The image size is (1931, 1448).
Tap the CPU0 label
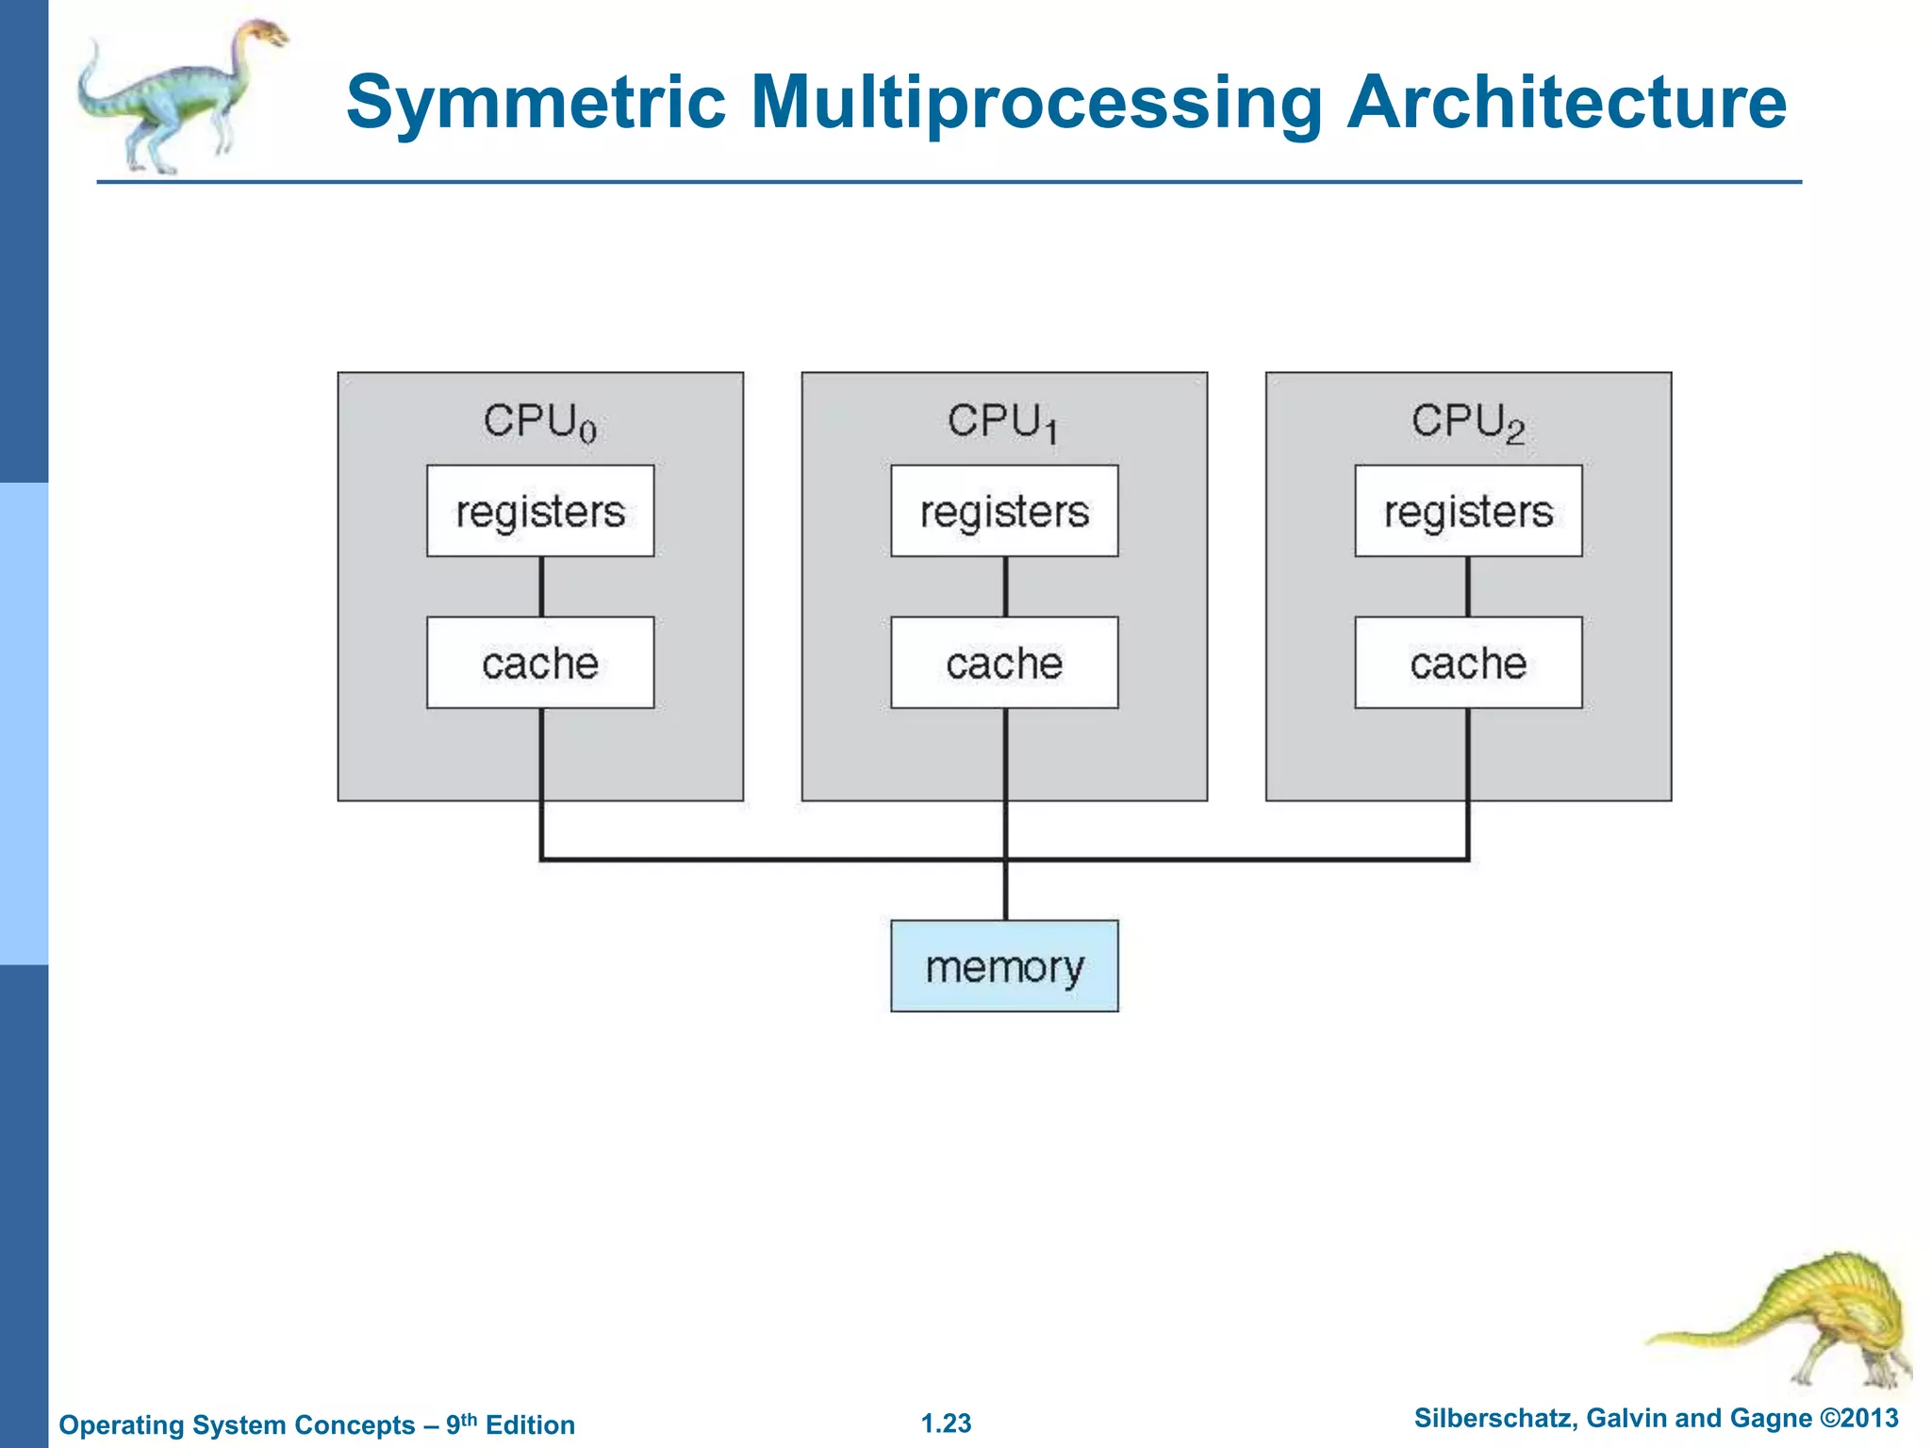(x=539, y=421)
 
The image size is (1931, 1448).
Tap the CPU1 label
(x=1002, y=421)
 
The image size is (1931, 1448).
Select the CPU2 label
(x=1467, y=421)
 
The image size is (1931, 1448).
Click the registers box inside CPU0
(x=540, y=511)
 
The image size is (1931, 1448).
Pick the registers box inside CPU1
(x=1004, y=511)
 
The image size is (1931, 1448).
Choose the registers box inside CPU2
(x=1468, y=511)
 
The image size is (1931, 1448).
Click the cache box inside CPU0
(x=540, y=663)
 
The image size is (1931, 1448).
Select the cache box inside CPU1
(x=1004, y=663)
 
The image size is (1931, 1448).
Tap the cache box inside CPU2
(x=1468, y=663)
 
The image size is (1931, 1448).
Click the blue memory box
(x=1004, y=966)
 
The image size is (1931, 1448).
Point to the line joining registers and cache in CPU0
(x=541, y=586)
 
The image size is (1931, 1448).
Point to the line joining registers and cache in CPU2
(x=1468, y=586)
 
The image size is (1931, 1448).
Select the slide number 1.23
(x=946, y=1423)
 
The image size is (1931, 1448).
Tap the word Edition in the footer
(x=530, y=1425)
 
